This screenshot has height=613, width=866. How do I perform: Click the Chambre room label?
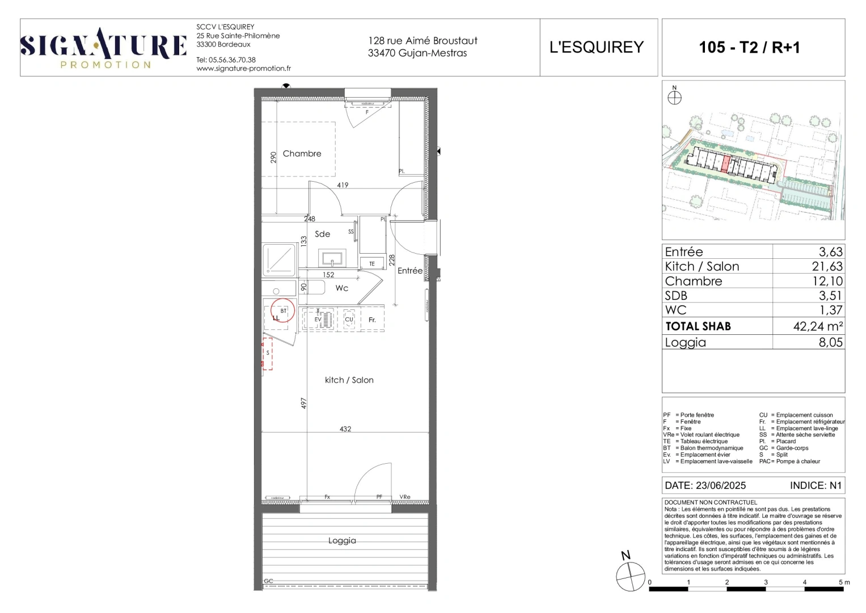coord(302,154)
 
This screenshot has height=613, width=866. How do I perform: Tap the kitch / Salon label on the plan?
coord(349,380)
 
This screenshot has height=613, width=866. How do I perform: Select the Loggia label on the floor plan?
coord(342,541)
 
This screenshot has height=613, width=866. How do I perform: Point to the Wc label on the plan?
coord(341,288)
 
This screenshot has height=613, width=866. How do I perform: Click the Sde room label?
coord(322,234)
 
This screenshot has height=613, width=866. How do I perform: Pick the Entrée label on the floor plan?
coord(409,271)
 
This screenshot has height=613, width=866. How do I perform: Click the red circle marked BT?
coord(282,311)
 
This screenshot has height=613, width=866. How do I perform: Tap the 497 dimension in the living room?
coord(304,403)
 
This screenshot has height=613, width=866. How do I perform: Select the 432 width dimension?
coord(345,429)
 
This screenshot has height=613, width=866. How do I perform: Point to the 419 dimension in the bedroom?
coord(343,185)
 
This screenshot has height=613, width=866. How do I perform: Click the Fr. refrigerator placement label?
coord(372,320)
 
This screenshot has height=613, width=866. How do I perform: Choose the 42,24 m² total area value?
coord(817,326)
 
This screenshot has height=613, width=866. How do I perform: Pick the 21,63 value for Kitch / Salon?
coord(826,266)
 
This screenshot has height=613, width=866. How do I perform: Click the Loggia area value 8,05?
coord(830,342)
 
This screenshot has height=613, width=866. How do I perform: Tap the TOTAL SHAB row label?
coord(698,326)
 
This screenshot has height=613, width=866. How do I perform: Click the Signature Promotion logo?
coord(103,48)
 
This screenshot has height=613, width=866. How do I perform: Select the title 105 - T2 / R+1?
coord(749,47)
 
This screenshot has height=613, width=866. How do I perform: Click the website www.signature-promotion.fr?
coord(243,69)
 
